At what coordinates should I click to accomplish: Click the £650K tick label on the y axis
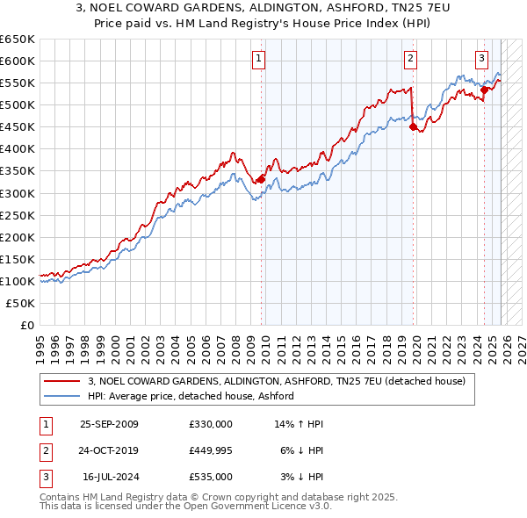click(18, 40)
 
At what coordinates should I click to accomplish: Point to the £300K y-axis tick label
click(18, 193)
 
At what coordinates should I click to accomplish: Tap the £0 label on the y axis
click(28, 325)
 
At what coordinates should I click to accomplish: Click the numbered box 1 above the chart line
click(259, 60)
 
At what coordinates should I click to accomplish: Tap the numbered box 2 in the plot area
click(410, 60)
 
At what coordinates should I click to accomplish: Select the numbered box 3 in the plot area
click(482, 60)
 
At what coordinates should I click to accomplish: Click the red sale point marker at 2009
click(261, 179)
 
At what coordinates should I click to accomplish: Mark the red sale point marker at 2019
click(413, 126)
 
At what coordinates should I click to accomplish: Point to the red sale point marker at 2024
click(484, 89)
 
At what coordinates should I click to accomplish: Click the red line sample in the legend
click(62, 382)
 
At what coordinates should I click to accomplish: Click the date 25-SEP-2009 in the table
click(109, 424)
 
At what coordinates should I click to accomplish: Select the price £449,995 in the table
click(211, 450)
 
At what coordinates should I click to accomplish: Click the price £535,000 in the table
click(211, 477)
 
